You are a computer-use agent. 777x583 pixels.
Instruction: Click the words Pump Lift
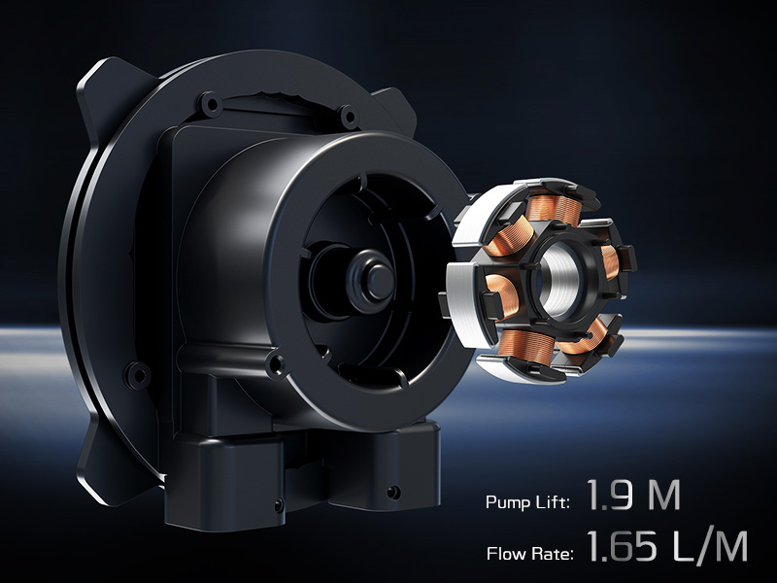tap(526, 502)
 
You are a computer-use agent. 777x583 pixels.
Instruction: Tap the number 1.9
tap(611, 497)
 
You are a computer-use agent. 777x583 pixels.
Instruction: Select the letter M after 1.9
tap(664, 497)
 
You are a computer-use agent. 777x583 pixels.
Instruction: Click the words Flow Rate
tap(530, 555)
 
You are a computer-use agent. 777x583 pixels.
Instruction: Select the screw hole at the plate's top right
tap(347, 116)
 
